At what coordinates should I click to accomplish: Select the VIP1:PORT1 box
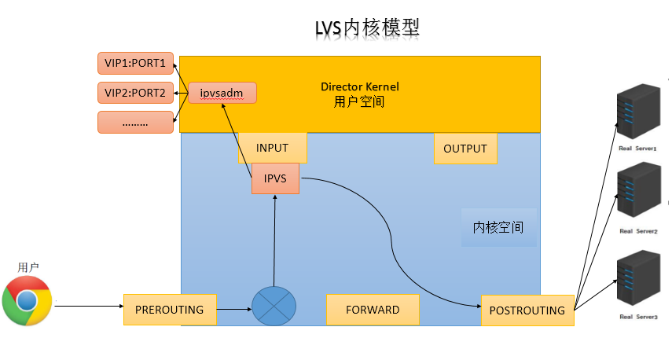(135, 63)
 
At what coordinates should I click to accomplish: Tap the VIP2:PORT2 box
(135, 93)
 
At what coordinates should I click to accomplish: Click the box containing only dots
(135, 123)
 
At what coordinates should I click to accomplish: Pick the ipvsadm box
(222, 93)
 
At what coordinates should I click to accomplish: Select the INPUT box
(272, 148)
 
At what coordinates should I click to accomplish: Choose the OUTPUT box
(465, 149)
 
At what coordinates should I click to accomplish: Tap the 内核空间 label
(498, 227)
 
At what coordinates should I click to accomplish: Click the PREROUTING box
(169, 310)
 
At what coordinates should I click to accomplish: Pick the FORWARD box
(373, 310)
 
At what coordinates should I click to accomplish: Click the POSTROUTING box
(527, 310)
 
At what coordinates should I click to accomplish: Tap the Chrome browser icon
(27, 301)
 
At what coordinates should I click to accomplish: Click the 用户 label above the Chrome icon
(28, 267)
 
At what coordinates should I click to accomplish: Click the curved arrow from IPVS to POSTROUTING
(391, 236)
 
